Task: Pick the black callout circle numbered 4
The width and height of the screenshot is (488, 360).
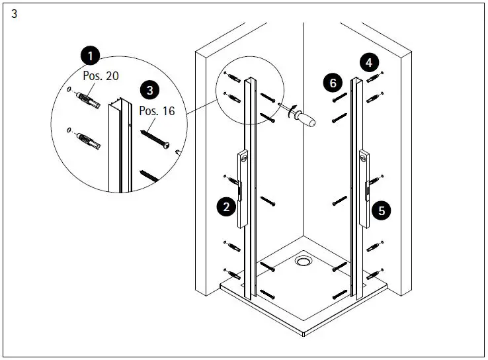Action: [369, 63]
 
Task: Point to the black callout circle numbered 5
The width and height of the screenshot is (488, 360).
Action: [382, 211]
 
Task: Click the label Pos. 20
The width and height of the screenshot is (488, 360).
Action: [101, 76]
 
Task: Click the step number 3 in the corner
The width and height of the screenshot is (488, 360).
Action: [15, 15]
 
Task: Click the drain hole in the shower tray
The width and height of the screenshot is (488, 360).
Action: [304, 261]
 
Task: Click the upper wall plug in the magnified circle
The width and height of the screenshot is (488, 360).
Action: [87, 102]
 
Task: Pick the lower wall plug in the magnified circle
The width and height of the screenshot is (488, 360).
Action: [87, 142]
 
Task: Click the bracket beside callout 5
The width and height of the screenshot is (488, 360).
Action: [364, 189]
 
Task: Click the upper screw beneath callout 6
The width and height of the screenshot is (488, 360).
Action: [340, 97]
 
